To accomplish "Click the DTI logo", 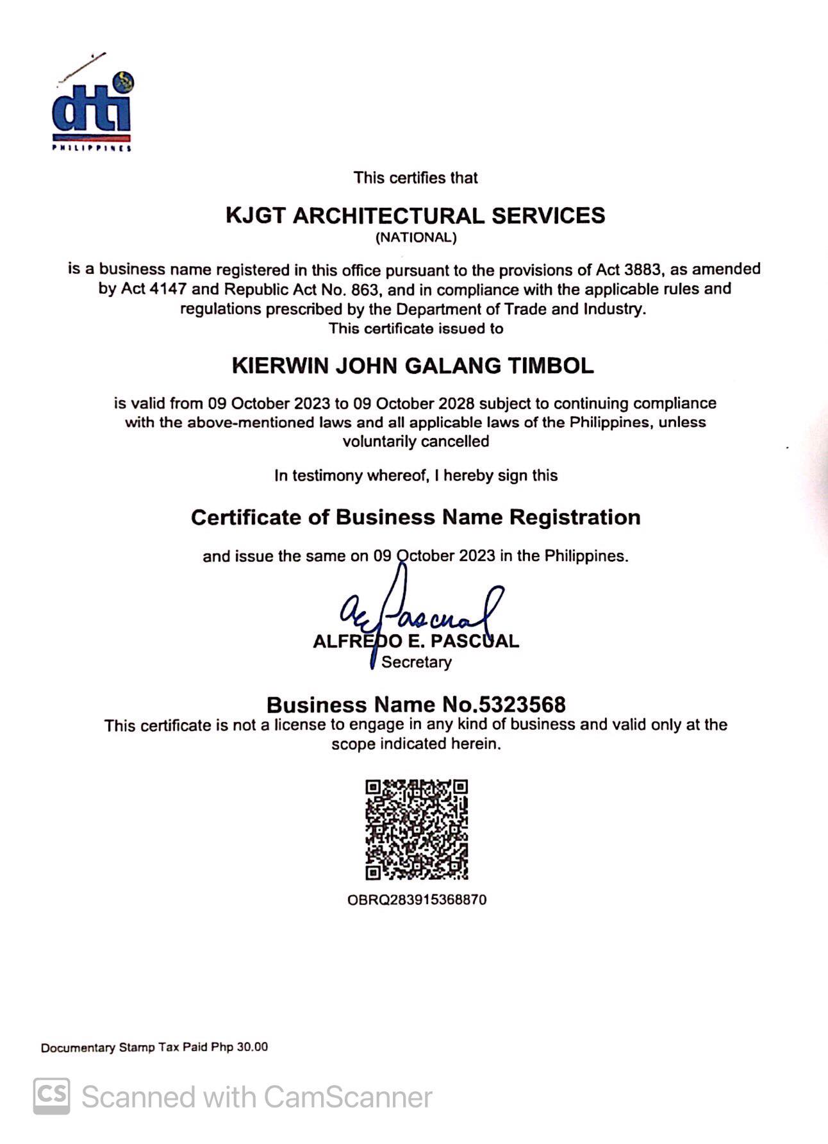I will point(92,110).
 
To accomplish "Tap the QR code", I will point(417,829).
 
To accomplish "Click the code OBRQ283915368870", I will point(417,900).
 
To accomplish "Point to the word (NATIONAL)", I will point(416,238).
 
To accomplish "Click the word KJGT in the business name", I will point(254,215).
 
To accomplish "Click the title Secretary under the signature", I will point(417,662).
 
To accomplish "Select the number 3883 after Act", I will point(644,269).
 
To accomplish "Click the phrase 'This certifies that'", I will point(416,178).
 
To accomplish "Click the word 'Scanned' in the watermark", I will point(137,1097).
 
